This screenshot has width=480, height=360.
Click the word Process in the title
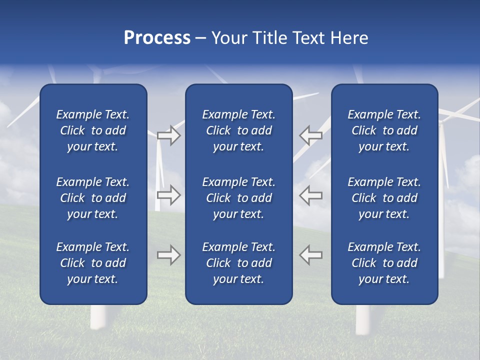tap(157, 38)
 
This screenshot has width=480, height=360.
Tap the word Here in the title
tap(349, 38)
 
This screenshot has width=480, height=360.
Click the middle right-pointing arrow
tap(168, 194)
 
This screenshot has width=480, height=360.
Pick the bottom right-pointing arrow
tap(168, 254)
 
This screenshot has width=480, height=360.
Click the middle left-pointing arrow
tap(311, 194)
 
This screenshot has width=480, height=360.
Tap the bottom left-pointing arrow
tap(311, 254)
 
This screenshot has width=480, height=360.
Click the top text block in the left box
tap(93, 130)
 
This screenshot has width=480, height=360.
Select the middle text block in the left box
tap(93, 198)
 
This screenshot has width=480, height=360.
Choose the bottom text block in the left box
tap(93, 263)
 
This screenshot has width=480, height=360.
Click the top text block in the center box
tap(238, 130)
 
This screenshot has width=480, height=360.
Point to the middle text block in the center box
tap(238, 198)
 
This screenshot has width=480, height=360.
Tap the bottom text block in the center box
tap(238, 263)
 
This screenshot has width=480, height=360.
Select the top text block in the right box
tap(384, 130)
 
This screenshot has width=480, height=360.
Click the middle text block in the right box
tap(384, 198)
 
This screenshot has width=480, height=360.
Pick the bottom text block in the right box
tap(384, 263)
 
